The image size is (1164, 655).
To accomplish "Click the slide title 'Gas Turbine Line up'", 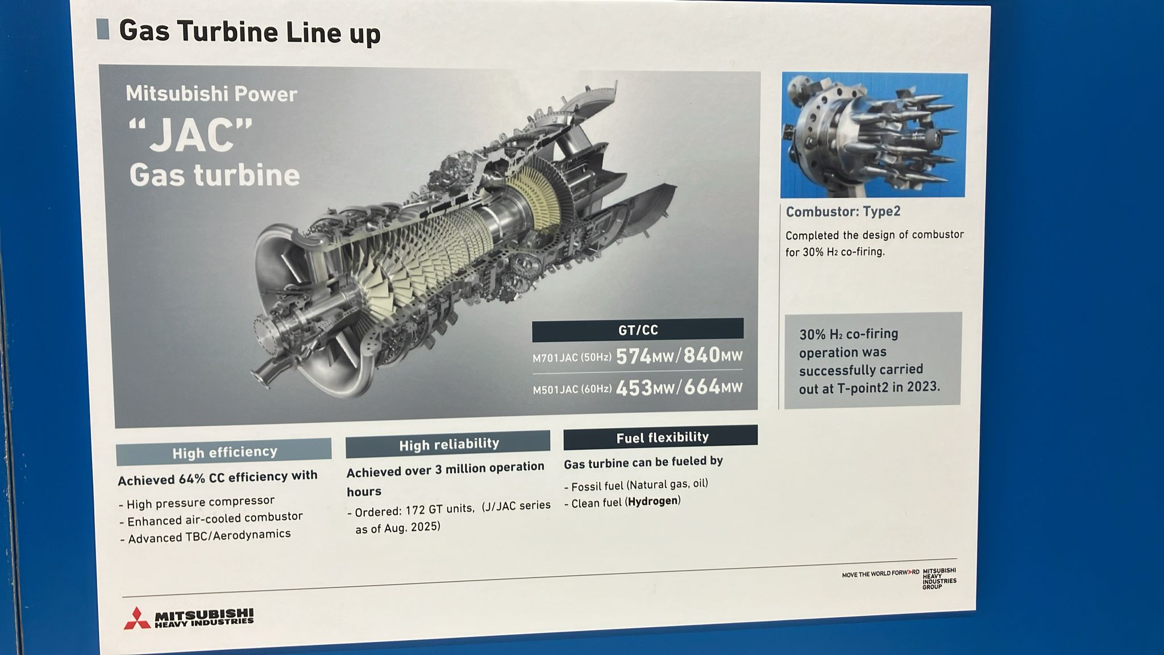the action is [250, 32].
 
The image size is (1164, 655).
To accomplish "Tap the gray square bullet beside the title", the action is [103, 29].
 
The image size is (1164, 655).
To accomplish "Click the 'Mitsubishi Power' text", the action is [211, 94].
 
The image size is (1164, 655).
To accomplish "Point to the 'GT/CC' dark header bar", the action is [638, 330].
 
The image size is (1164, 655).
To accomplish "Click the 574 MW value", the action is [645, 356].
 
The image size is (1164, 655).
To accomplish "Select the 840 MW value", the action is [713, 355].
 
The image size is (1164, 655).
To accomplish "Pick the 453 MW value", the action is [645, 388].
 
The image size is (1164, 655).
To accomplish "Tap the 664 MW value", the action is [713, 387].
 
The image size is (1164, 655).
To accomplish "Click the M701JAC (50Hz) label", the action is [572, 358].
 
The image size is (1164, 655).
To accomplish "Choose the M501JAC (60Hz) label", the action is [572, 390].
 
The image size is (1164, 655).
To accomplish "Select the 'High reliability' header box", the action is [448, 444].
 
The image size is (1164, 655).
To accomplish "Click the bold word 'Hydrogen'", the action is [652, 501].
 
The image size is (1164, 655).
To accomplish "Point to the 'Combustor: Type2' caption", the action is [843, 212].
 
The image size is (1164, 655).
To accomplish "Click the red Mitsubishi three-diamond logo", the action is [137, 619].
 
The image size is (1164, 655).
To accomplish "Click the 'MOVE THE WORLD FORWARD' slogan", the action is [880, 574].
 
